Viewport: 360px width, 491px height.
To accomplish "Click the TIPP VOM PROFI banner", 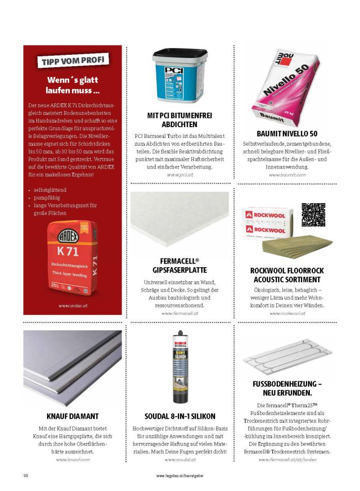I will click(x=72, y=60).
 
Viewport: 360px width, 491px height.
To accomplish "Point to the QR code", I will click(x=313, y=215).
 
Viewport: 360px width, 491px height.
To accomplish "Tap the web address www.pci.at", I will click(x=179, y=175).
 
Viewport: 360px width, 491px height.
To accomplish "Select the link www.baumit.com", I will click(x=287, y=175).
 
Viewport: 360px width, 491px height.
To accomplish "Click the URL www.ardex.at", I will click(x=72, y=305).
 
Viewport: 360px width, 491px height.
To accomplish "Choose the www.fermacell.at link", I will click(x=179, y=313).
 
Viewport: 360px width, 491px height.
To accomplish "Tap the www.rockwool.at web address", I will click(x=287, y=313).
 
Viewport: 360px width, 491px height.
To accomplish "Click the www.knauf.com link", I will click(x=72, y=459).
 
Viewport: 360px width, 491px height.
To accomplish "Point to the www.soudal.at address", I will click(x=179, y=459).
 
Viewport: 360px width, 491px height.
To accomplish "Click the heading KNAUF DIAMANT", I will click(x=72, y=416).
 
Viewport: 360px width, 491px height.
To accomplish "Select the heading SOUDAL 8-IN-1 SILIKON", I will click(x=179, y=416).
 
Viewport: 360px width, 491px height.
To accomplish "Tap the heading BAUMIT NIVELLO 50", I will click(x=287, y=133).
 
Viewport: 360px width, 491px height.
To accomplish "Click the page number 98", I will click(x=25, y=475).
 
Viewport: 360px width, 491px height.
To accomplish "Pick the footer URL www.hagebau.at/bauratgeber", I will click(x=179, y=475).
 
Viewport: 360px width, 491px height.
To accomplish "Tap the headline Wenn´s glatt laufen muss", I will click(x=72, y=85).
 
